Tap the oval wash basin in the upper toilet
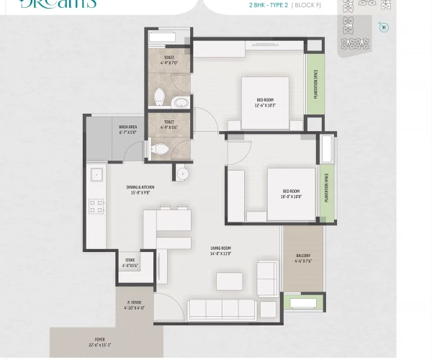[x=180, y=103]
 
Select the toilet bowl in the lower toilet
[x=160, y=149]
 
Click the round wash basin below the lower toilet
[x=183, y=174]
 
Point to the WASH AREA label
[x=128, y=130]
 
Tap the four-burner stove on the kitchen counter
[x=96, y=206]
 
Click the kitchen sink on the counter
[x=96, y=174]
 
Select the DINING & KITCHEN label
[x=140, y=190]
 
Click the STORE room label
[x=130, y=263]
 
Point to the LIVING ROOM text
[x=220, y=251]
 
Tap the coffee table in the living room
[x=229, y=282]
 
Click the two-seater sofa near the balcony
[x=267, y=279]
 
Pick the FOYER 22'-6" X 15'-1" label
[x=100, y=342]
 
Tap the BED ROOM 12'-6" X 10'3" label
[x=265, y=103]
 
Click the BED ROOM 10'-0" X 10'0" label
[x=291, y=194]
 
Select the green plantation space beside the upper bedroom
[x=315, y=84]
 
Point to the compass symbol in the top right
[x=384, y=27]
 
